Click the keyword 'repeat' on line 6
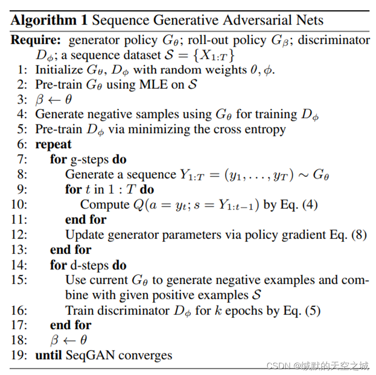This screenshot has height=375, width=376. [54, 144]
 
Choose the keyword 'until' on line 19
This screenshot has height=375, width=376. [49, 356]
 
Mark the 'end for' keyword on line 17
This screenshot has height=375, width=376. [70, 325]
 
